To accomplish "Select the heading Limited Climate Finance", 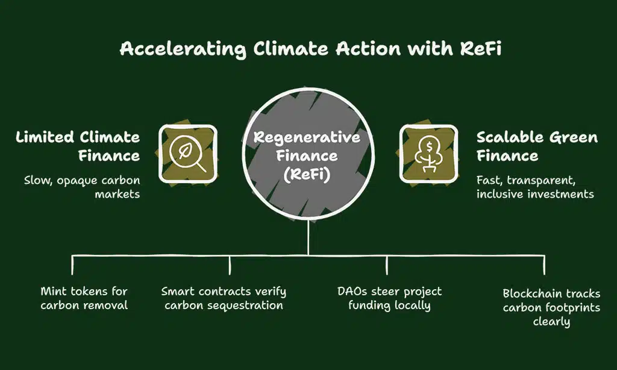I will coord(78,146).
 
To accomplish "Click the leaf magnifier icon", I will coord(187,154).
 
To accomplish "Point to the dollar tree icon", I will coord(429,154).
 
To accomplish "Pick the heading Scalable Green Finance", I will coord(537,146).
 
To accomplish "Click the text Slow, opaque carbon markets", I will coord(82,187).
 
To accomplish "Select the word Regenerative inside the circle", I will coord(307,137).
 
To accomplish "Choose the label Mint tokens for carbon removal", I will coord(84,298).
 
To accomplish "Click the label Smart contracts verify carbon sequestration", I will coord(223,298).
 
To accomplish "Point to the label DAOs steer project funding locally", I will coord(389,298).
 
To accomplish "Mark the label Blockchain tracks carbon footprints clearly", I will coord(551,307).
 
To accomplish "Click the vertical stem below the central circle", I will coord(308,238).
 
